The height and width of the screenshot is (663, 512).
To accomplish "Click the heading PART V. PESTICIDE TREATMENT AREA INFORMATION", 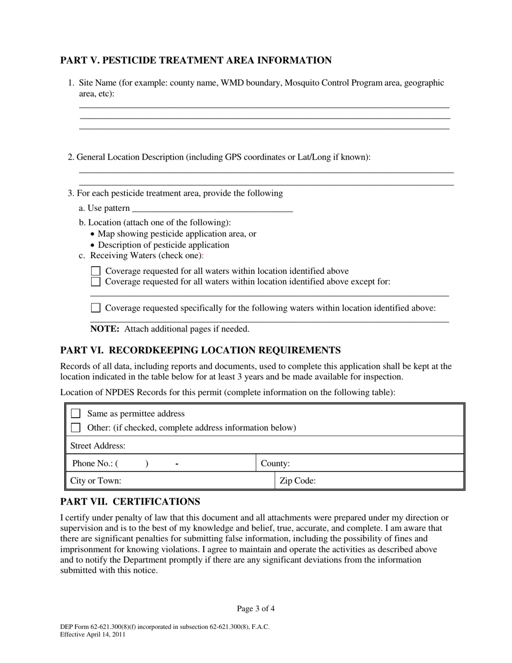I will coord(196,60).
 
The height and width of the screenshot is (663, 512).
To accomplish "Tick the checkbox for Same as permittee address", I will coord(76,413).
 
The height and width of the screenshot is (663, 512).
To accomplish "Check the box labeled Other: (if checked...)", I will coord(76,427).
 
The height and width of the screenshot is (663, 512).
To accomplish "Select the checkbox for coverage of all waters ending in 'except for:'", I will coord(95,281).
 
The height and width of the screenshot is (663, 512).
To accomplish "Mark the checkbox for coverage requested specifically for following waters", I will coord(95,308).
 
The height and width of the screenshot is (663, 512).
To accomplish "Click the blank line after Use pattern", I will coord(212,209).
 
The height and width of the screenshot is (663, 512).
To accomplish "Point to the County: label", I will coord(275,464).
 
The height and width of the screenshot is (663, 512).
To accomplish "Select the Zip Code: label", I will coord(297,481).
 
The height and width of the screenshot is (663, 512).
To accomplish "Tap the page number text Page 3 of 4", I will coord(256,609).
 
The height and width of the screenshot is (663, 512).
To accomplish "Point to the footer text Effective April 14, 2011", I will coord(93,634).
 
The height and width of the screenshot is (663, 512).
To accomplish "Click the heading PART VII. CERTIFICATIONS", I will coord(130,502).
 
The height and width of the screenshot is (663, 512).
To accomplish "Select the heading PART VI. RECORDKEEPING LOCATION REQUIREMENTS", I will coord(200,350).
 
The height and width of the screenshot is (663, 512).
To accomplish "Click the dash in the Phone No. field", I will coord(177,464).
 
